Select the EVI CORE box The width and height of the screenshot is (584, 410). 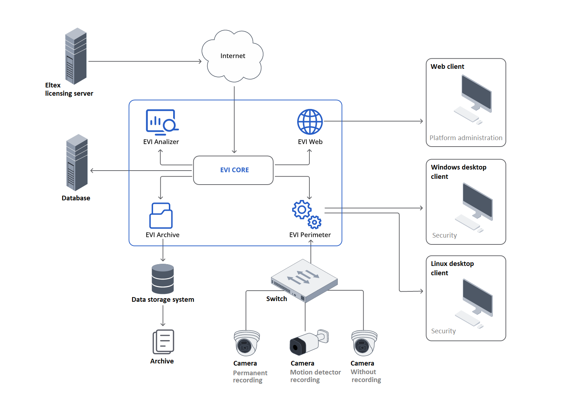[233, 170]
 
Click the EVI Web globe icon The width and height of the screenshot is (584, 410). [310, 122]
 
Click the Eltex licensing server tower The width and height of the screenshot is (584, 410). [76, 56]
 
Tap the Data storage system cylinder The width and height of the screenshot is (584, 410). [163, 279]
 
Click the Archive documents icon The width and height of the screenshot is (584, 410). [163, 342]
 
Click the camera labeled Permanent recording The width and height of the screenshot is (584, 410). [247, 343]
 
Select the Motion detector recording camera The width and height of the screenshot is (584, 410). [308, 342]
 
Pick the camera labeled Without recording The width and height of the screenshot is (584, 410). [364, 343]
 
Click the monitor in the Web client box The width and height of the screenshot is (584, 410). [476, 94]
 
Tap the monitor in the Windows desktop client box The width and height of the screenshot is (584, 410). [477, 201]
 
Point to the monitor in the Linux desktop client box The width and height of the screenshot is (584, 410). [477, 298]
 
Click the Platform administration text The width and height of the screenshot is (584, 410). [466, 138]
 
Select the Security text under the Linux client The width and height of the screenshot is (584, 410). [443, 331]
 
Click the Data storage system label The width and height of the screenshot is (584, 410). [163, 300]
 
